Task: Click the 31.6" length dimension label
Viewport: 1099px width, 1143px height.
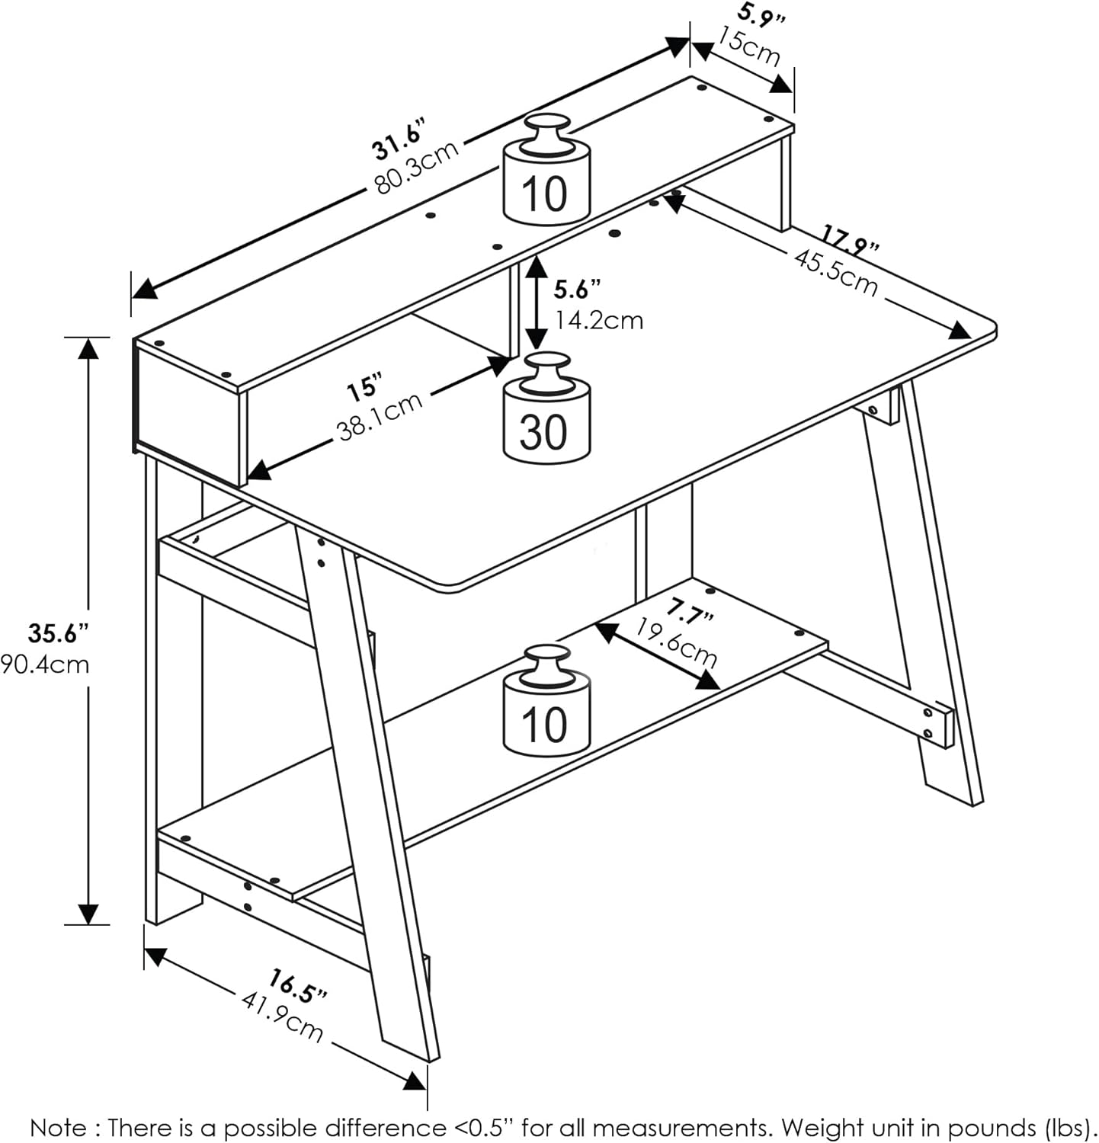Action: click(x=397, y=139)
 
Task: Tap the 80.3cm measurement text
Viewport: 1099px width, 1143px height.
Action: click(x=416, y=169)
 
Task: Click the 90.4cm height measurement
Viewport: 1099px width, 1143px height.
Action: click(x=46, y=664)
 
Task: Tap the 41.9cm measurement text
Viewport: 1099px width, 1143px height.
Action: click(x=283, y=1017)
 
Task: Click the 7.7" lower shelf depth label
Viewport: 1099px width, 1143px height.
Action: click(x=690, y=610)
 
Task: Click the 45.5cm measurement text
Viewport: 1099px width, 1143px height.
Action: click(x=836, y=271)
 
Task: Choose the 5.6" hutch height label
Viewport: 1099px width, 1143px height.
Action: click(x=577, y=290)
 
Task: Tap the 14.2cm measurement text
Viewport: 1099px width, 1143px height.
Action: click(x=599, y=321)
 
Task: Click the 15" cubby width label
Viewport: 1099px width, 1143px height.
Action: click(x=364, y=388)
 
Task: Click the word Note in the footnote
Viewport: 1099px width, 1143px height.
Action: click(x=57, y=1127)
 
